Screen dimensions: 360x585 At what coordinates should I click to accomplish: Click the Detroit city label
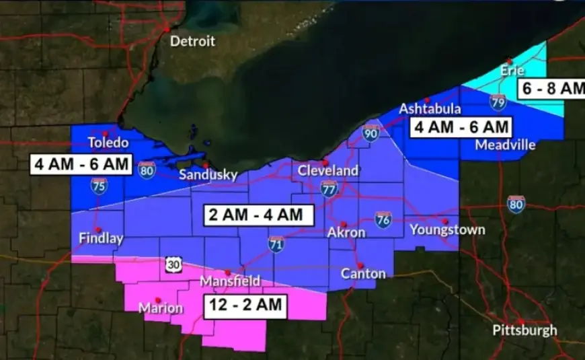[192, 41]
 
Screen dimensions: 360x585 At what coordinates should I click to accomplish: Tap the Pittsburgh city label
[524, 330]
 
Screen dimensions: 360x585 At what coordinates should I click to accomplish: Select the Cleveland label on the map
[328, 171]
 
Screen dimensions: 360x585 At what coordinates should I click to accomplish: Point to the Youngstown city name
[447, 230]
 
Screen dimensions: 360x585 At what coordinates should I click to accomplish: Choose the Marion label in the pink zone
[160, 308]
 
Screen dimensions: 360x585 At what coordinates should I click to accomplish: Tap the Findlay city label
[101, 238]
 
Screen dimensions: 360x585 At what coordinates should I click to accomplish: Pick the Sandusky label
[208, 175]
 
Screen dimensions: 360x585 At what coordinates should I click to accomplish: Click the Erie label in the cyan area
[512, 70]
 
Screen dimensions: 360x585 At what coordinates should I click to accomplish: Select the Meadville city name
[504, 145]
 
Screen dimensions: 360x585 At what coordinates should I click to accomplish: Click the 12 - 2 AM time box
[245, 305]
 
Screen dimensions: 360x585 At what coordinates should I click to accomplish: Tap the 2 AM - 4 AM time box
[258, 215]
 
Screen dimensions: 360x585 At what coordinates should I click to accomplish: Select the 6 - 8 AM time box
[551, 88]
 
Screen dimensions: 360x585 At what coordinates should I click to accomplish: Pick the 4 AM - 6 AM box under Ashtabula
[461, 126]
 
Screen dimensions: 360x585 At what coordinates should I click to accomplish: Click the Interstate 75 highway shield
[99, 186]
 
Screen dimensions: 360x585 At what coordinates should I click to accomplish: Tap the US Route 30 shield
[173, 265]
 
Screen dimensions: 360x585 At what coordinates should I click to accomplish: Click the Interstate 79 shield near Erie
[498, 102]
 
